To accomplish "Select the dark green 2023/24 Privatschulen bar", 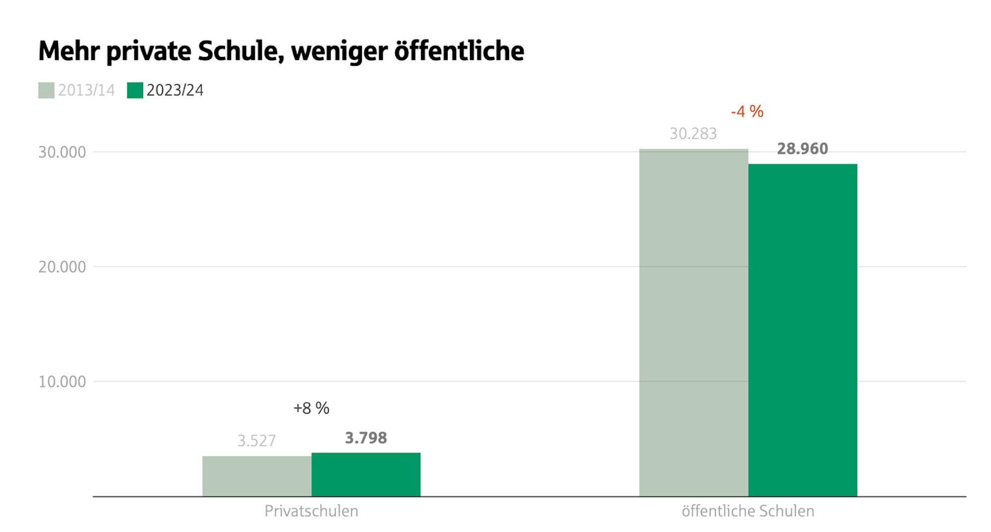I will [x=366, y=474].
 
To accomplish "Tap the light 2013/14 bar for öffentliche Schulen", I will [x=693, y=322].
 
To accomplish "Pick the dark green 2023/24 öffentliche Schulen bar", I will [x=802, y=329].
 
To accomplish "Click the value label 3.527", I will [x=256, y=440].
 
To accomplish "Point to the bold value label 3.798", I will [x=366, y=438].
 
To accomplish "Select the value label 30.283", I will [x=693, y=134].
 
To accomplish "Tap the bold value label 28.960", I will [x=802, y=149].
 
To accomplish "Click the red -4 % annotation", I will [x=747, y=111].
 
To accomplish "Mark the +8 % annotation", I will [x=311, y=408].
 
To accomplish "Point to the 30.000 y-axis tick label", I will [x=62, y=152].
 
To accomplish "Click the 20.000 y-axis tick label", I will [x=62, y=267].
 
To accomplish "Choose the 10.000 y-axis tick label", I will [x=62, y=382].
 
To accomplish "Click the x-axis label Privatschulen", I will [x=311, y=511].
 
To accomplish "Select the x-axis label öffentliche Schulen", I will [x=748, y=511].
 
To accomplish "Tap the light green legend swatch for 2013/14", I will [x=46, y=90].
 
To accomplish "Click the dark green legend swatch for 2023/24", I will [x=135, y=90].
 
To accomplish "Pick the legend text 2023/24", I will [x=175, y=90].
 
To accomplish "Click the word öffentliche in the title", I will [x=459, y=51].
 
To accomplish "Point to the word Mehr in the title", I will [x=69, y=51].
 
